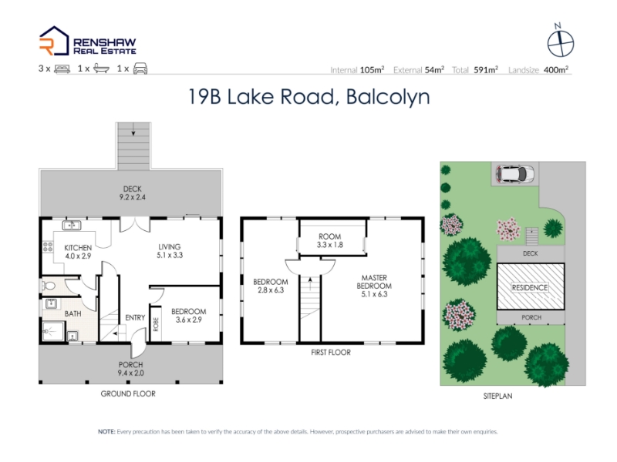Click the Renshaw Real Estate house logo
54,41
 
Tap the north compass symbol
561,41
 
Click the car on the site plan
515,174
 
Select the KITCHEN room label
78,247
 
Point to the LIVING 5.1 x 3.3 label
169,251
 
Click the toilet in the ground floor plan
48,285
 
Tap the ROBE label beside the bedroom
156,324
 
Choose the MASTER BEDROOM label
374,282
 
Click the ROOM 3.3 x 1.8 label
330,240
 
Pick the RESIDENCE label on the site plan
530,287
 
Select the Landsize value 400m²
556,70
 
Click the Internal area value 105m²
372,70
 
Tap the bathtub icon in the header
101,69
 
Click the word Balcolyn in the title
388,97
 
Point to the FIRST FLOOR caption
331,353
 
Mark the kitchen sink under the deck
72,225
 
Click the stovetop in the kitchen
48,246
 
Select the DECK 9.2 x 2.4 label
132,193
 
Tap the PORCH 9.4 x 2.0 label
130,369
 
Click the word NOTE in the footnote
106,432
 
